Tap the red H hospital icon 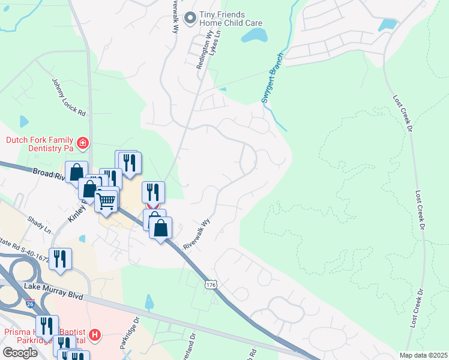pos(94,334)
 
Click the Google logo pos(20,353)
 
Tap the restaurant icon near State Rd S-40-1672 pos(60,259)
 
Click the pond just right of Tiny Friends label pos(255,35)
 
